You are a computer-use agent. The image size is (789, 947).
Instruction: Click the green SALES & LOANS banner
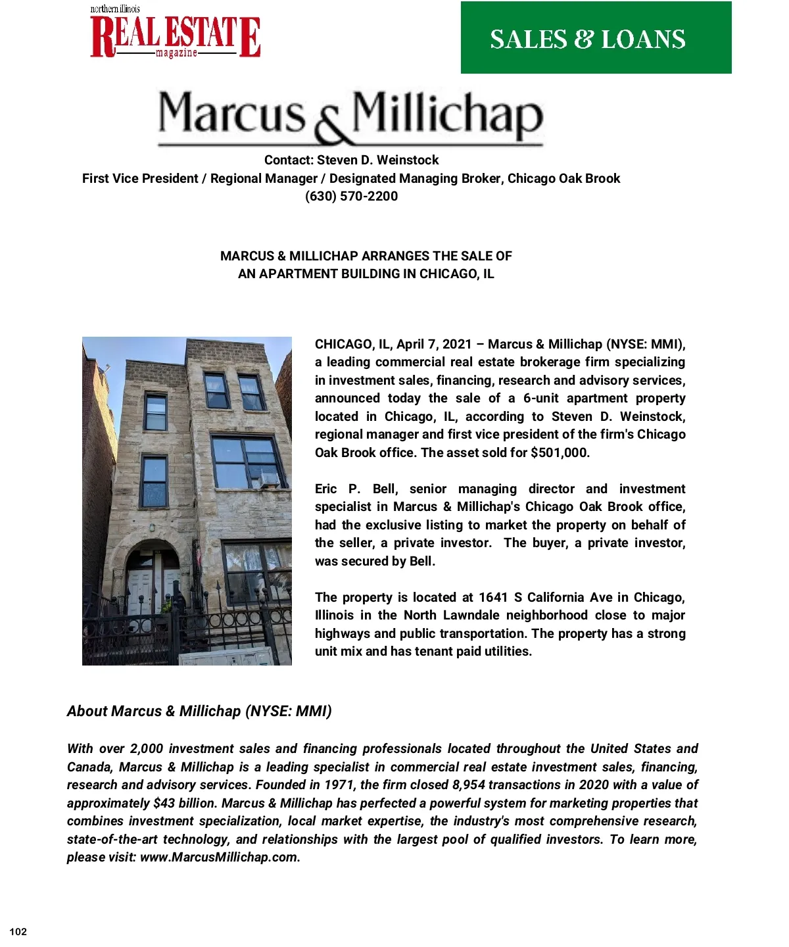(x=596, y=37)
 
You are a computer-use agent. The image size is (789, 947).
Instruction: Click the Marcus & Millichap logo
(x=350, y=116)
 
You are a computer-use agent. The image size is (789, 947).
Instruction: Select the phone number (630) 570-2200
(x=351, y=196)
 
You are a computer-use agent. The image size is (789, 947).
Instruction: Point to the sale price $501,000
(x=560, y=452)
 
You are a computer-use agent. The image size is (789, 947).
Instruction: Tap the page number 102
(x=18, y=931)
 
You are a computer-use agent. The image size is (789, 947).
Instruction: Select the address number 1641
(x=492, y=597)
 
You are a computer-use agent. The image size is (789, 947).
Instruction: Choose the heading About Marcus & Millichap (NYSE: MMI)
(x=199, y=711)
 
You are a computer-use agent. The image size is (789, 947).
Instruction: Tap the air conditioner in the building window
(x=268, y=479)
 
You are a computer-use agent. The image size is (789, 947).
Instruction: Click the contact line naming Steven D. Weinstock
(x=351, y=160)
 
